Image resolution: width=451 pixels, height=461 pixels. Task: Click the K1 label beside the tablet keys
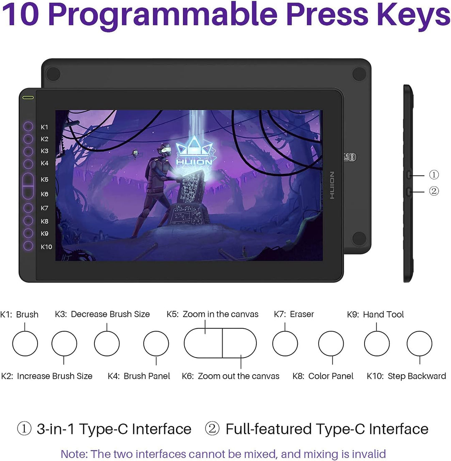(x=44, y=127)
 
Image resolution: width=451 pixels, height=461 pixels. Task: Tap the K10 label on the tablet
(x=46, y=247)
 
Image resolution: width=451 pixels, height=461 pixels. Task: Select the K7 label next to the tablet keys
(x=44, y=208)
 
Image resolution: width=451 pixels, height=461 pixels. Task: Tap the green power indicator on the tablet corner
(x=28, y=98)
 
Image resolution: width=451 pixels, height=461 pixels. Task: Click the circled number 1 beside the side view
(x=434, y=175)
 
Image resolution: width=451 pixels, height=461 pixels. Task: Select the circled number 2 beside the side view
(x=434, y=191)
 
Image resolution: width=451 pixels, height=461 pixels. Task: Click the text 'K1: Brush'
(x=19, y=314)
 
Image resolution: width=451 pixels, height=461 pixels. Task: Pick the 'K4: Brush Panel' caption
(x=139, y=376)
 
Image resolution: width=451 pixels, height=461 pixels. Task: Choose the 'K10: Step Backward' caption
(x=406, y=376)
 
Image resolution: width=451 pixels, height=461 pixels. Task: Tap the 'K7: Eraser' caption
(x=294, y=314)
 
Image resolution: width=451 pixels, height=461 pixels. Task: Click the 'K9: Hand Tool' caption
(x=375, y=314)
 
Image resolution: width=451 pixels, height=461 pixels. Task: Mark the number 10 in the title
(x=20, y=14)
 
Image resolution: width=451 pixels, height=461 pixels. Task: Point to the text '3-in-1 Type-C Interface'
(x=114, y=429)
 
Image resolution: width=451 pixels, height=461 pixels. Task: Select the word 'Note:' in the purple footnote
(x=74, y=453)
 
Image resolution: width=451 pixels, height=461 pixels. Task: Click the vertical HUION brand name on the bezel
(x=332, y=185)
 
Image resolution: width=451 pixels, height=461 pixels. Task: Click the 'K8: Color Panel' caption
(x=323, y=376)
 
